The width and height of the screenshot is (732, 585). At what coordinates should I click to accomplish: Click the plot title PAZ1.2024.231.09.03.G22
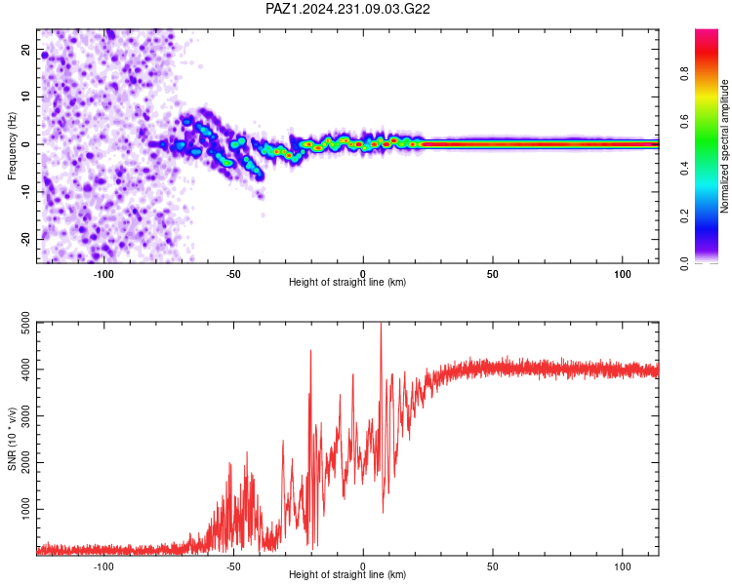tap(347, 9)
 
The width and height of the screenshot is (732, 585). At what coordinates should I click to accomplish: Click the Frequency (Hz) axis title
tap(12, 146)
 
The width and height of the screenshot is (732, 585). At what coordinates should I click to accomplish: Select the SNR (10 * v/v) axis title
tap(12, 439)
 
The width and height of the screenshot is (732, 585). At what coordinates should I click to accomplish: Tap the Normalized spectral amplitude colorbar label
tap(724, 146)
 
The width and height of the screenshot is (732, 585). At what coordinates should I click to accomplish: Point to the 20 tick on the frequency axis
tap(25, 50)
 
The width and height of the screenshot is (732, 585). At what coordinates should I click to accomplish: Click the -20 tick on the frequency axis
tap(25, 240)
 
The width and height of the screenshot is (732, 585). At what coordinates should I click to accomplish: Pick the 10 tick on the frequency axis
tap(25, 97)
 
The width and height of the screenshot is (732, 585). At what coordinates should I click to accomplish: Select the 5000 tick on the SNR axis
tap(25, 323)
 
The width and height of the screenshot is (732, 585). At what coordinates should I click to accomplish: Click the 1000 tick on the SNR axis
tap(25, 509)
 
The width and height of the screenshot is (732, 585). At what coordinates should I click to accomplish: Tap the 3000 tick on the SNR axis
tap(25, 416)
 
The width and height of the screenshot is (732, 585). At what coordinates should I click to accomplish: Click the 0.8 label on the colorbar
tap(684, 74)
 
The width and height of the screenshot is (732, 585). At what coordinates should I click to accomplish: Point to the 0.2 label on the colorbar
tap(684, 216)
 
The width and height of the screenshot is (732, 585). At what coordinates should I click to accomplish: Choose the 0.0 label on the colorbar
tap(684, 264)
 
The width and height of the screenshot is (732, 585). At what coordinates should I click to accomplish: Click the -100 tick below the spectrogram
tap(103, 274)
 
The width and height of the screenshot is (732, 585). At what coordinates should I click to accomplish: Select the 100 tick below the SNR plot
tap(623, 566)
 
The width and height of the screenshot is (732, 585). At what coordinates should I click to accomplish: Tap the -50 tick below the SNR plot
tap(233, 566)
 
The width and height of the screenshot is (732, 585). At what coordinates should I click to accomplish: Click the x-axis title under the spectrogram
tap(347, 282)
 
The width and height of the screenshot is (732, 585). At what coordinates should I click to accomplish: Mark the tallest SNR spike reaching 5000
tap(381, 324)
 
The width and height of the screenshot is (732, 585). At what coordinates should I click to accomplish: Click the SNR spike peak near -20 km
tap(310, 351)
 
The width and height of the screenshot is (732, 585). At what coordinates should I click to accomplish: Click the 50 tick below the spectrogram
tap(493, 274)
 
